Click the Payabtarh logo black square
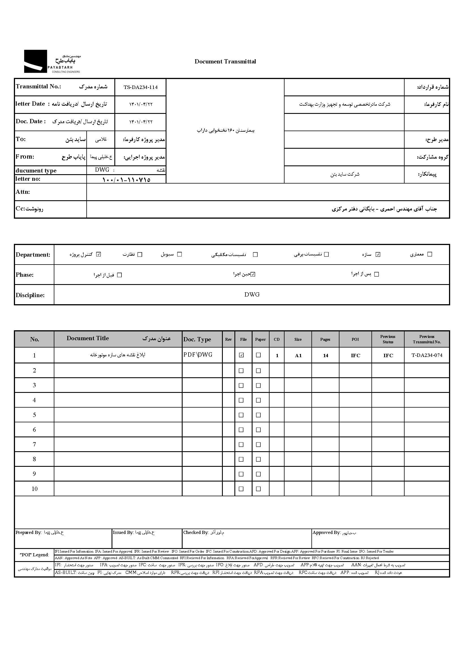[x=35, y=61]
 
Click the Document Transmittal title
[x=225, y=61]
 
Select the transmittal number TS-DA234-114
[x=140, y=87]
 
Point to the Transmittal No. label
[x=38, y=86]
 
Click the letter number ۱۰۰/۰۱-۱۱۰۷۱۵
[x=126, y=180]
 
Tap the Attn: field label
[x=23, y=192]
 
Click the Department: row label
[x=33, y=255]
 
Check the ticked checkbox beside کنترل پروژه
[x=99, y=254]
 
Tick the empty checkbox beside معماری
[x=429, y=254]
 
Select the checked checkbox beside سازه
[x=378, y=254]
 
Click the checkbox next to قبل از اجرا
[x=120, y=275]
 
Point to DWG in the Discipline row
[x=252, y=295]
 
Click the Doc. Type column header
[x=197, y=339]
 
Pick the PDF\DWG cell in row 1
[x=198, y=355]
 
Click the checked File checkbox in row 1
[x=241, y=355]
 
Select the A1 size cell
[x=298, y=355]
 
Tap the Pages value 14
[x=325, y=355]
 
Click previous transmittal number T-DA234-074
[x=427, y=355]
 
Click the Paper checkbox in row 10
[x=258, y=489]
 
